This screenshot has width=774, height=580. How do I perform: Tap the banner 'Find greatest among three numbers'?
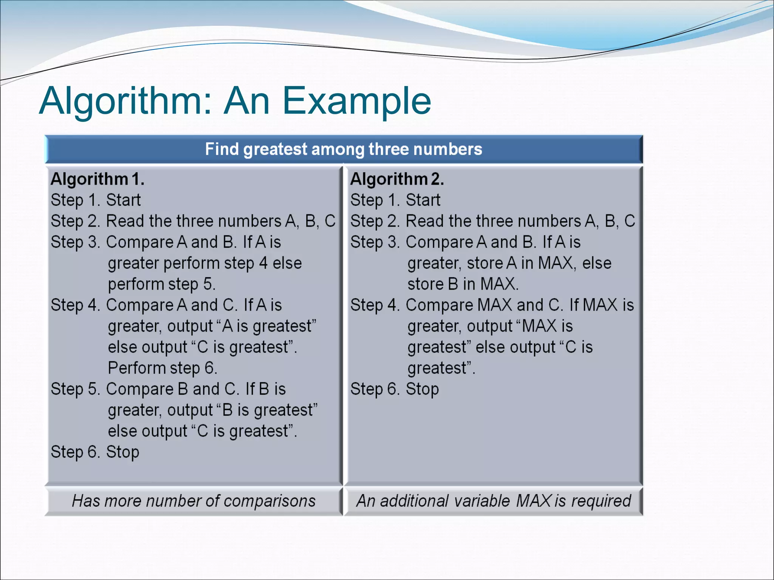pos(344,149)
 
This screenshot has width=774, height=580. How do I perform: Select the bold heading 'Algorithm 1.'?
pos(98,179)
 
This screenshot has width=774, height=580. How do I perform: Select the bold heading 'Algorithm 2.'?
pos(397,179)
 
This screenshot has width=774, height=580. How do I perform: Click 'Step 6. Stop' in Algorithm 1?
pos(95,452)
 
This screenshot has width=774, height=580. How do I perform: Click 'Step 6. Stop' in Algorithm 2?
pos(395,389)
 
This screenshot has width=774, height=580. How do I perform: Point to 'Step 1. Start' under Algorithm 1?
pos(96,200)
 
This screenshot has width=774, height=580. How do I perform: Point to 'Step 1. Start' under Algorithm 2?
pos(395,200)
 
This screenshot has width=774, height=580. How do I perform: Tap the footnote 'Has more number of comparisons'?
pos(193,501)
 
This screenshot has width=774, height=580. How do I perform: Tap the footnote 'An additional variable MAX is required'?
pos(494,501)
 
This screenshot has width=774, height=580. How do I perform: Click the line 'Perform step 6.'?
pos(163,368)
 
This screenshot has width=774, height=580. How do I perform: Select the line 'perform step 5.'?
pos(162,284)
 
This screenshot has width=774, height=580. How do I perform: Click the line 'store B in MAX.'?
pos(463,284)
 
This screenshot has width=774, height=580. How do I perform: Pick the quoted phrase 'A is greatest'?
pos(267,326)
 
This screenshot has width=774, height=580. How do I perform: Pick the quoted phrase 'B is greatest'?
pos(267,410)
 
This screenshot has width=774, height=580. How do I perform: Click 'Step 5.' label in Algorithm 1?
pos(75,389)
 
